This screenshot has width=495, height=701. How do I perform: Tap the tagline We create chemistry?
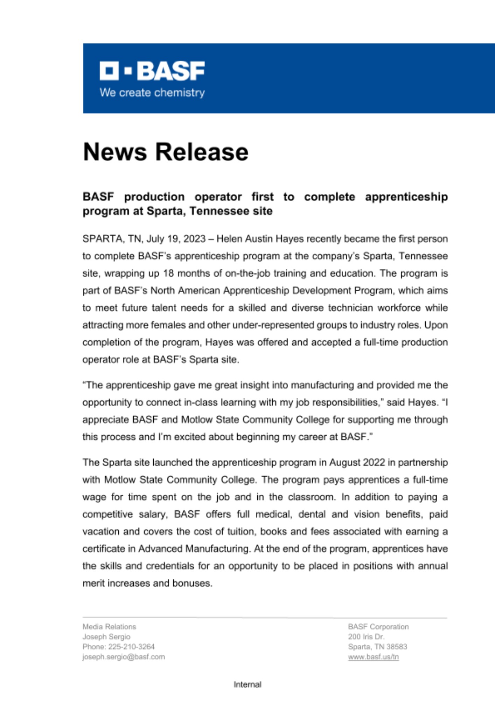(x=152, y=93)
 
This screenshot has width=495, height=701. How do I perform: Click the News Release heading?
(x=166, y=152)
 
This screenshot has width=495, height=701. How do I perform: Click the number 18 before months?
(x=168, y=273)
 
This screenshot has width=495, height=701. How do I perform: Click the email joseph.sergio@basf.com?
(x=124, y=657)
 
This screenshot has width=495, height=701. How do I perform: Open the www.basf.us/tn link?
(x=373, y=657)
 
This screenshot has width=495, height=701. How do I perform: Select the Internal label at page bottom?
(x=247, y=685)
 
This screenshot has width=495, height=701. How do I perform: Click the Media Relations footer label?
(x=109, y=627)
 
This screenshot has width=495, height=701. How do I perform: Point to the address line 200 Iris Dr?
(x=366, y=637)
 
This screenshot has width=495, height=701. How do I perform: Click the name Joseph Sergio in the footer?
(x=106, y=637)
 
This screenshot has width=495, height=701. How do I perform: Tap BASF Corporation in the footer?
(x=378, y=627)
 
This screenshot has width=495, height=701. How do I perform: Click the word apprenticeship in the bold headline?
(x=406, y=197)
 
